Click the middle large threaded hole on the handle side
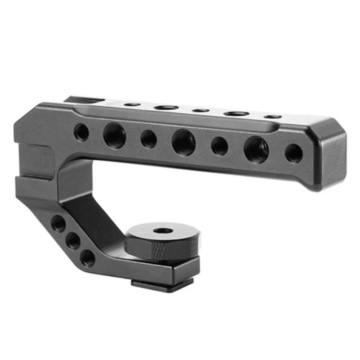point(184,142)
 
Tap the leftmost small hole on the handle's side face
point(81,132)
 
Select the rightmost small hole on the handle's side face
point(294,153)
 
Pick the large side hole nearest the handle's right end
point(256,149)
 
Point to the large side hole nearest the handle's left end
point(114,135)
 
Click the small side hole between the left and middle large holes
point(148,139)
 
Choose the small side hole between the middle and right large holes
point(219,146)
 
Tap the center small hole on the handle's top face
point(201,110)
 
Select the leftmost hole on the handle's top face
point(131,104)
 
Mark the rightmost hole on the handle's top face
point(272,117)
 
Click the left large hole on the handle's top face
point(166,107)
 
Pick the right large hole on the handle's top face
point(237,113)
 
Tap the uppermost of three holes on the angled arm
point(58,223)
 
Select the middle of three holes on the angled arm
point(73,241)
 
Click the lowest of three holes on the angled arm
point(88,258)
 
